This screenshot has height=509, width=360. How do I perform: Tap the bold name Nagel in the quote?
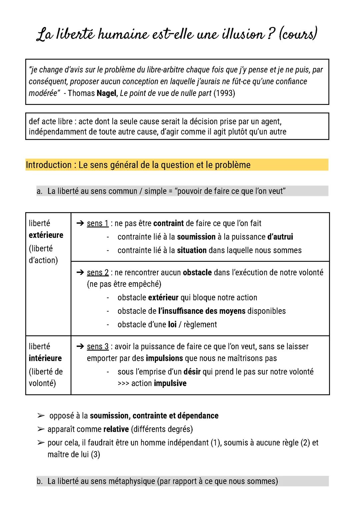pos(106,93)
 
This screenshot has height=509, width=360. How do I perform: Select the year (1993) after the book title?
pos(224,93)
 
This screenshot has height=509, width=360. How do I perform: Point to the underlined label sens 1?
pos(98,224)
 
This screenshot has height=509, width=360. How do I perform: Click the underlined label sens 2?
pos(98,272)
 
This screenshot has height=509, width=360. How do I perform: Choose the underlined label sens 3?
pos(98,346)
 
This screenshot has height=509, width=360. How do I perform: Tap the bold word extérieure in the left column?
pos(46,235)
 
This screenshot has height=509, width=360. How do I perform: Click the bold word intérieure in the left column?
pos(45,358)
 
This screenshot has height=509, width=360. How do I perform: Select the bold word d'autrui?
pos(280,237)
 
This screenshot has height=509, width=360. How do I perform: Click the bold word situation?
pos(192,251)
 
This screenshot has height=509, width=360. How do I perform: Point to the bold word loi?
pos(172,324)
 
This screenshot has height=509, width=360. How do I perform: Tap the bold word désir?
pos(192,372)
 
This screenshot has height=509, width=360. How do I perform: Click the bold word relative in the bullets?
pos(116,429)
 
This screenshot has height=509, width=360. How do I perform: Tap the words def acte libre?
pos(50,122)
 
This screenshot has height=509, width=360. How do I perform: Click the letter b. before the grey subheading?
pos(40,481)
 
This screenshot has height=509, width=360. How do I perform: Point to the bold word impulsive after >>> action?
pos(170,383)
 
